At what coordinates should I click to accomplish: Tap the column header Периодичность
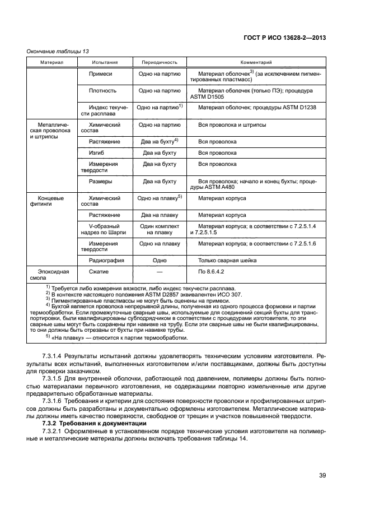[159, 62]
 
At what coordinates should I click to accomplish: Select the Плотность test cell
[102, 90]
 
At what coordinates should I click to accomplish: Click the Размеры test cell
[101, 182]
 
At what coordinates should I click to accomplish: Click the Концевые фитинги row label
[51, 201]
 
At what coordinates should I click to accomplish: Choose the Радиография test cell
[106, 260]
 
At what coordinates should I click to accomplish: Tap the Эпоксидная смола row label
[53, 274]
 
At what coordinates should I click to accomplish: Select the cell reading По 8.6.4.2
[211, 271]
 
